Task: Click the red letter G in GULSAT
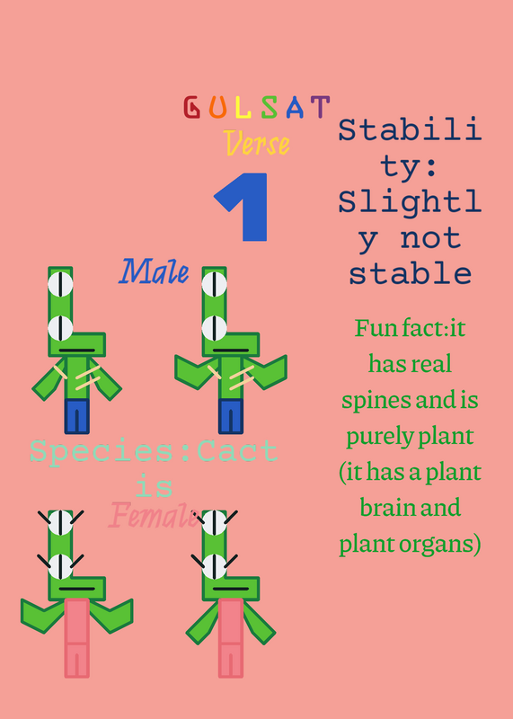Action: click(191, 107)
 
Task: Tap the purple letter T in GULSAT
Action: click(321, 107)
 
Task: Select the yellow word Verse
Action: click(258, 143)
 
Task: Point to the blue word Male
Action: click(154, 271)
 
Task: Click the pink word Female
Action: click(154, 515)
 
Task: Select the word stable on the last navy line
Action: click(411, 274)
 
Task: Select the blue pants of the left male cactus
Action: click(76, 416)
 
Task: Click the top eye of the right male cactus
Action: click(214, 284)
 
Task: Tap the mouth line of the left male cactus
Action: click(77, 351)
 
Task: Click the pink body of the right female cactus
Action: click(231, 638)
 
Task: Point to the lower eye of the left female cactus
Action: click(60, 567)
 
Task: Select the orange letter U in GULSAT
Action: click(218, 107)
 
